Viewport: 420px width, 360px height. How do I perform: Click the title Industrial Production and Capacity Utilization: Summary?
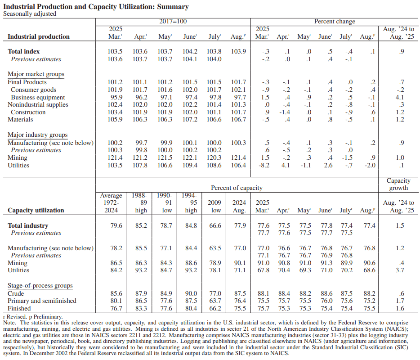pos(96,7)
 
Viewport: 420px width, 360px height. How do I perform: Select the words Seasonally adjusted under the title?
pos(30,13)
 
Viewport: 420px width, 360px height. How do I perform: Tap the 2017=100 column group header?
pos(173,22)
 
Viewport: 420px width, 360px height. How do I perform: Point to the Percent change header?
pos(334,22)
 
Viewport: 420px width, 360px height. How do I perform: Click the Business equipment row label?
pos(38,97)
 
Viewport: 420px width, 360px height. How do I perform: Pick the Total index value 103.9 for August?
pos(238,52)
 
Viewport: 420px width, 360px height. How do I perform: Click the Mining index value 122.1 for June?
pos(189,158)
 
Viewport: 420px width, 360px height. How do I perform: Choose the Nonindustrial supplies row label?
pos(38,105)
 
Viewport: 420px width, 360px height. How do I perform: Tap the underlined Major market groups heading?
pos(36,74)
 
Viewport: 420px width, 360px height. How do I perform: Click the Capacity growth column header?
pos(398,184)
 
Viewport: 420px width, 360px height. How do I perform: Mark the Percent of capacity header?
pos(237,188)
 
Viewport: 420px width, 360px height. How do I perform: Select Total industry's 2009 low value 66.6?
pos(215,225)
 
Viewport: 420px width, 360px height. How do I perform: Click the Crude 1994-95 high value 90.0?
pos(191,293)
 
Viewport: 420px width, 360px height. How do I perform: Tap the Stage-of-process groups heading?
pos(40,286)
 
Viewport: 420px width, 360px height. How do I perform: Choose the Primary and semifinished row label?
pos(42,301)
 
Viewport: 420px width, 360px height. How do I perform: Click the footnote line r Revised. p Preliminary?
pos(33,317)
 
